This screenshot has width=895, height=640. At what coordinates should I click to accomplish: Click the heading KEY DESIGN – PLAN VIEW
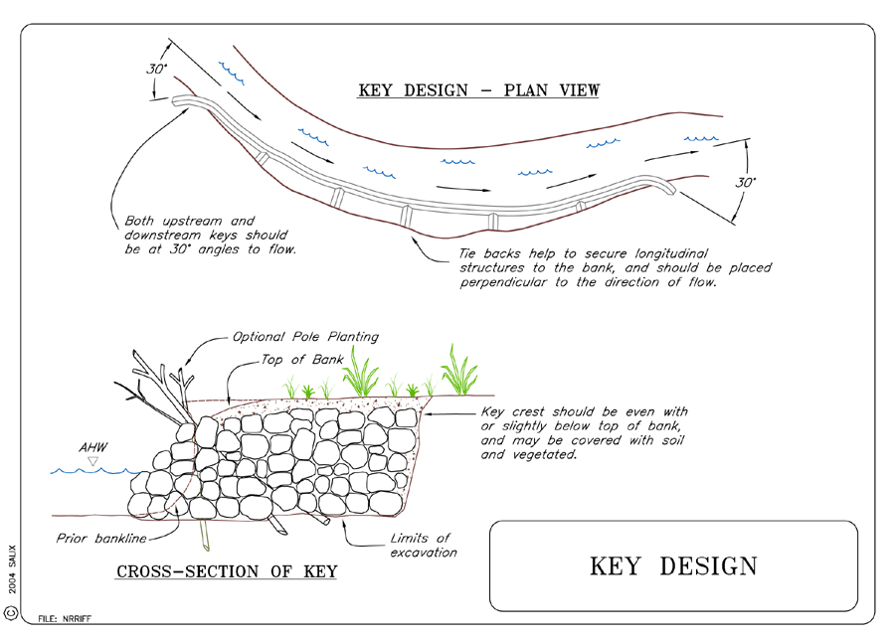478,90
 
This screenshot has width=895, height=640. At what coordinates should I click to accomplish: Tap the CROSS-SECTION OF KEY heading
227,571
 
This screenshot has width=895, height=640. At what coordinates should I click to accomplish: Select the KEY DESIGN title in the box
673,566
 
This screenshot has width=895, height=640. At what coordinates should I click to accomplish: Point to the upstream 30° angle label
157,69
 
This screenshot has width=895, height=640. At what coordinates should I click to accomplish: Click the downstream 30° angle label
746,183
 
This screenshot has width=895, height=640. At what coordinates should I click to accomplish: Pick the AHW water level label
93,447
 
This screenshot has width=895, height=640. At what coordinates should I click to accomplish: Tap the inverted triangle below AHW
92,461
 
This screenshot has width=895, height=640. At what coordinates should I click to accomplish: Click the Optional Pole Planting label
305,337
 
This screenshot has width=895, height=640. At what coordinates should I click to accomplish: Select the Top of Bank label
302,360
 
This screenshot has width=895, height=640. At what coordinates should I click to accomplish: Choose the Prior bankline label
101,539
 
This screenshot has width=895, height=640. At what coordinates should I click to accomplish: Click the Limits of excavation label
423,546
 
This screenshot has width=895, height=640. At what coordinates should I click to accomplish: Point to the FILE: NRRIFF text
65,618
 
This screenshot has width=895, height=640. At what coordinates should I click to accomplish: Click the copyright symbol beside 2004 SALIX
11,613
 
